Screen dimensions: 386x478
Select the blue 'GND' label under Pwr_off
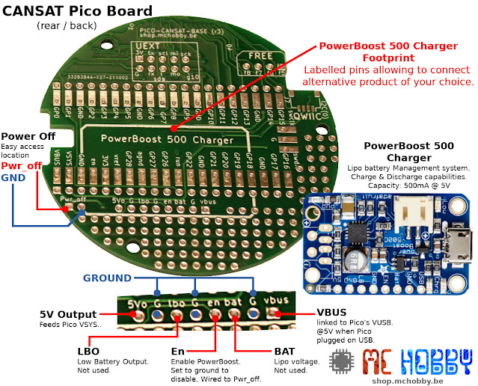pos(13,179)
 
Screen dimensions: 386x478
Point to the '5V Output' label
pos(67,314)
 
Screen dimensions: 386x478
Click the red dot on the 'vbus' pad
pos(278,314)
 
